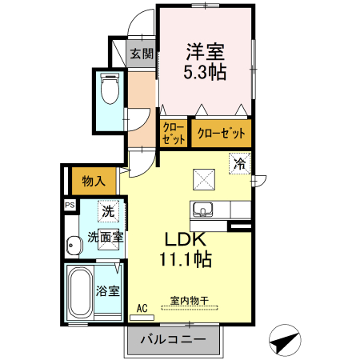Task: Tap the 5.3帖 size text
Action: [206, 73]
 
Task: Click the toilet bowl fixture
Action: [110, 91]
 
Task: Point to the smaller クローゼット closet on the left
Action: [174, 133]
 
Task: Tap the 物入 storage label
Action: [94, 182]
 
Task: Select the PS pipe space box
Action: [70, 205]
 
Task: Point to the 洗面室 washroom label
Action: [105, 236]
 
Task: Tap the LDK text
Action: [186, 239]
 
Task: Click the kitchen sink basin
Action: [202, 210]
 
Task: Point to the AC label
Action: [142, 308]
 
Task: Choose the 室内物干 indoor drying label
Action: [189, 302]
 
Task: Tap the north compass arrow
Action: [282, 343]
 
